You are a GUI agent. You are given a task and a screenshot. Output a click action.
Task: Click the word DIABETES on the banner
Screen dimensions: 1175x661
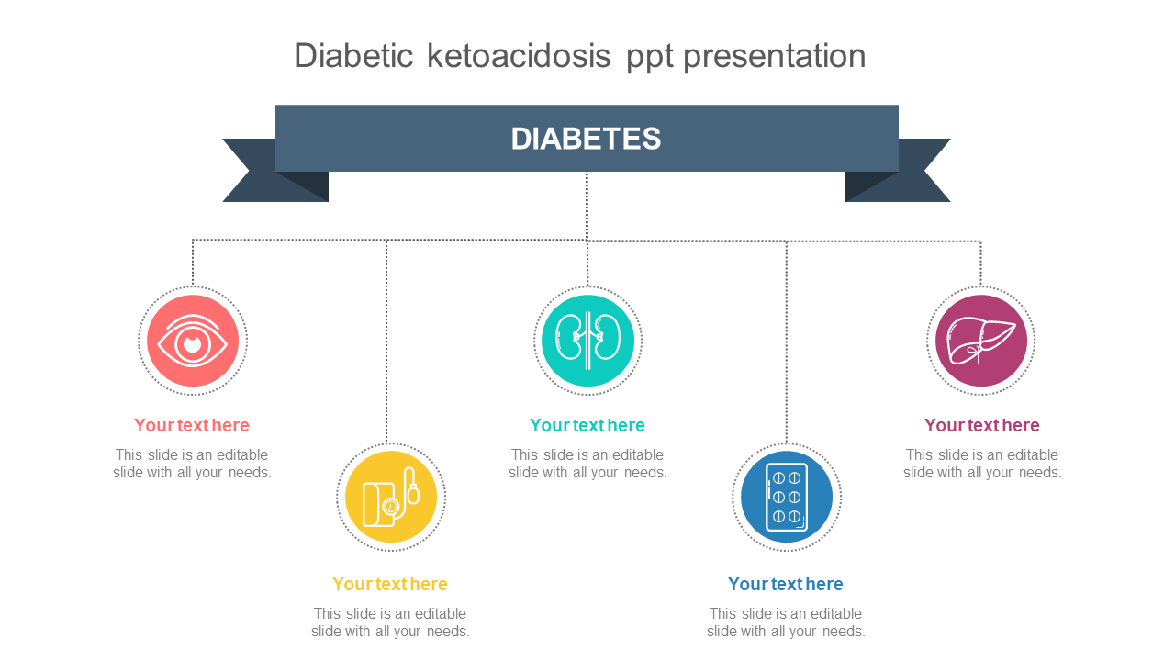pyautogui.click(x=586, y=139)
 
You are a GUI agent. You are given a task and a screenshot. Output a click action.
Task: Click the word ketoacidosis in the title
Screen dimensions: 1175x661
pyautogui.click(x=519, y=56)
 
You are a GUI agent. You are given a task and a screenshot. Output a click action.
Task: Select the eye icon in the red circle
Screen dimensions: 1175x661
pyautogui.click(x=193, y=341)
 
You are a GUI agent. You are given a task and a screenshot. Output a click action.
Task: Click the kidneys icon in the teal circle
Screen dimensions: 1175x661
pyautogui.click(x=587, y=341)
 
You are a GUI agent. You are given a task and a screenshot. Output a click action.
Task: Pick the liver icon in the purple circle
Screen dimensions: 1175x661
pyautogui.click(x=981, y=341)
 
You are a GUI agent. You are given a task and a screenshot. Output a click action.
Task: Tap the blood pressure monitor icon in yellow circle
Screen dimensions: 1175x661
pyautogui.click(x=391, y=497)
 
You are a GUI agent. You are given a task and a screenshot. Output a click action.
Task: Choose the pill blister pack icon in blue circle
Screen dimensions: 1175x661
pyautogui.click(x=787, y=497)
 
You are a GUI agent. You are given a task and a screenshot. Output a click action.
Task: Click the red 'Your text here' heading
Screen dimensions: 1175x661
pyautogui.click(x=192, y=425)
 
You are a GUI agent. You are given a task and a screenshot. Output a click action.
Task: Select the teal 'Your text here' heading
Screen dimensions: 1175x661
pyautogui.click(x=587, y=425)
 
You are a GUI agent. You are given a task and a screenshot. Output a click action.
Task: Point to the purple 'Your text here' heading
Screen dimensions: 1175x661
pyautogui.click(x=981, y=425)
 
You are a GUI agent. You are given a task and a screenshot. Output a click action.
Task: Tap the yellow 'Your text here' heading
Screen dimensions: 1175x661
pyautogui.click(x=390, y=584)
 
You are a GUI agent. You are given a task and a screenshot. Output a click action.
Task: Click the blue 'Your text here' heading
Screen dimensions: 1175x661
pyautogui.click(x=785, y=584)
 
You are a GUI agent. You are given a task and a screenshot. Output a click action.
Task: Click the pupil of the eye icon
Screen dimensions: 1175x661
pyautogui.click(x=193, y=344)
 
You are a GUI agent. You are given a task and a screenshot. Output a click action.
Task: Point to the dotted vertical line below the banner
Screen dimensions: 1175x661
pyautogui.click(x=587, y=207)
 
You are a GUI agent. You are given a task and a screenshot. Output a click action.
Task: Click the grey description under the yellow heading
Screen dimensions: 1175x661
pyautogui.click(x=390, y=622)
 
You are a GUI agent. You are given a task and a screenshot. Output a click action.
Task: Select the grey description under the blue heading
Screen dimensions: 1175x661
pyautogui.click(x=785, y=622)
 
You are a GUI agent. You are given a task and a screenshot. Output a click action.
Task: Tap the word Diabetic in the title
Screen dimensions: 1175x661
pyautogui.click(x=353, y=56)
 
